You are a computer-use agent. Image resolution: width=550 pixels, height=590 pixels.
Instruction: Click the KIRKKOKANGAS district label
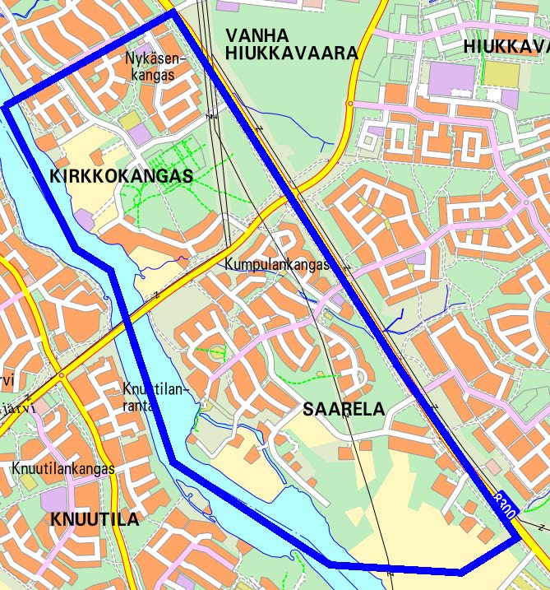[121, 176]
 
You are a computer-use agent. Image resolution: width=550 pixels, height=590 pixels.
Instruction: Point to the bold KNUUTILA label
[95, 519]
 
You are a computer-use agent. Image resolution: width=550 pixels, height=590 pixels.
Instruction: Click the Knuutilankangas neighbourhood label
[62, 468]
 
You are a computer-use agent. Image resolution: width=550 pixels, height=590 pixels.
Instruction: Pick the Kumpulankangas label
[277, 265]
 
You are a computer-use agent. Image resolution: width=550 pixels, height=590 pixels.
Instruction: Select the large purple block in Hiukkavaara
[451, 77]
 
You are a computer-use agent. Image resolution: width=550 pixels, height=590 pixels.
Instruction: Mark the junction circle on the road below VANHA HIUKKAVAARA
[350, 104]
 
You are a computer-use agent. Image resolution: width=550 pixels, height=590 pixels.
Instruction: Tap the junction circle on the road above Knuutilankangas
[61, 376]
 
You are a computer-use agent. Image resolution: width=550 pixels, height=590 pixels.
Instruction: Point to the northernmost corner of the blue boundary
[173, 12]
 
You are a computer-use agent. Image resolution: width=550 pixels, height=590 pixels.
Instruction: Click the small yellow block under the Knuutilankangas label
[30, 482]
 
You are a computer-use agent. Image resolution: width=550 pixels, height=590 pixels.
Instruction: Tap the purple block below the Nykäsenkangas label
[140, 134]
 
